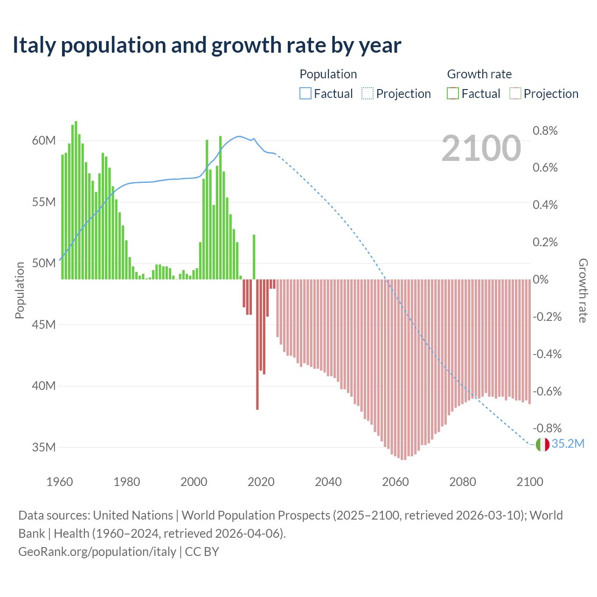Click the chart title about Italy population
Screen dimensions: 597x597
207,45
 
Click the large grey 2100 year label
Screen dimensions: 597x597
481,148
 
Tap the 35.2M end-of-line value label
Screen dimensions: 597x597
568,444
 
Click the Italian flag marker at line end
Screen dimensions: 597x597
542,444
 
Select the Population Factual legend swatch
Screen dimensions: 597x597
305,94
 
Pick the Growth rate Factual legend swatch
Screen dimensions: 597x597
453,94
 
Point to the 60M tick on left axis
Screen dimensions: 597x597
44,141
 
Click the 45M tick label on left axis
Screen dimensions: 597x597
44,325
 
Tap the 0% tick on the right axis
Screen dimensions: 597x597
541,279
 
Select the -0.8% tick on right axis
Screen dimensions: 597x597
547,428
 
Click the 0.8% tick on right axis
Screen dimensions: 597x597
545,131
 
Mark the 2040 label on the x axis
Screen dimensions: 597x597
328,482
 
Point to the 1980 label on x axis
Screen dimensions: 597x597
127,482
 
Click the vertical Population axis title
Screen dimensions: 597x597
20,290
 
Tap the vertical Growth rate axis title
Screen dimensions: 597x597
583,290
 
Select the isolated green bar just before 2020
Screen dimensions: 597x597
254,257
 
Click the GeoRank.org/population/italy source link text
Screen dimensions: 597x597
97,552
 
